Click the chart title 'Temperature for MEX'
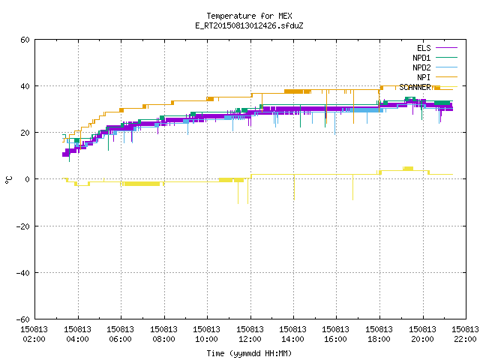click(249, 16)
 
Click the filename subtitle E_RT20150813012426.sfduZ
click(249, 25)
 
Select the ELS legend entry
click(437, 48)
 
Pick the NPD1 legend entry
click(435, 58)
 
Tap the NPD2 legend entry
click(435, 67)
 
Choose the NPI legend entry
click(437, 77)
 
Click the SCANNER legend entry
click(428, 87)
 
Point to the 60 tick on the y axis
click(25, 40)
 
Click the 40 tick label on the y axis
click(25, 86)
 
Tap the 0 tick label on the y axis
click(28, 179)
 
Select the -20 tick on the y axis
click(23, 226)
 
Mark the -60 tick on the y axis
click(23, 319)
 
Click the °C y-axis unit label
click(8, 180)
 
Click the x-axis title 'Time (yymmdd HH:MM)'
click(249, 353)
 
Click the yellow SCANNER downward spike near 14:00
click(294, 187)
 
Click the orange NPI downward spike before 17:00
click(353, 106)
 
